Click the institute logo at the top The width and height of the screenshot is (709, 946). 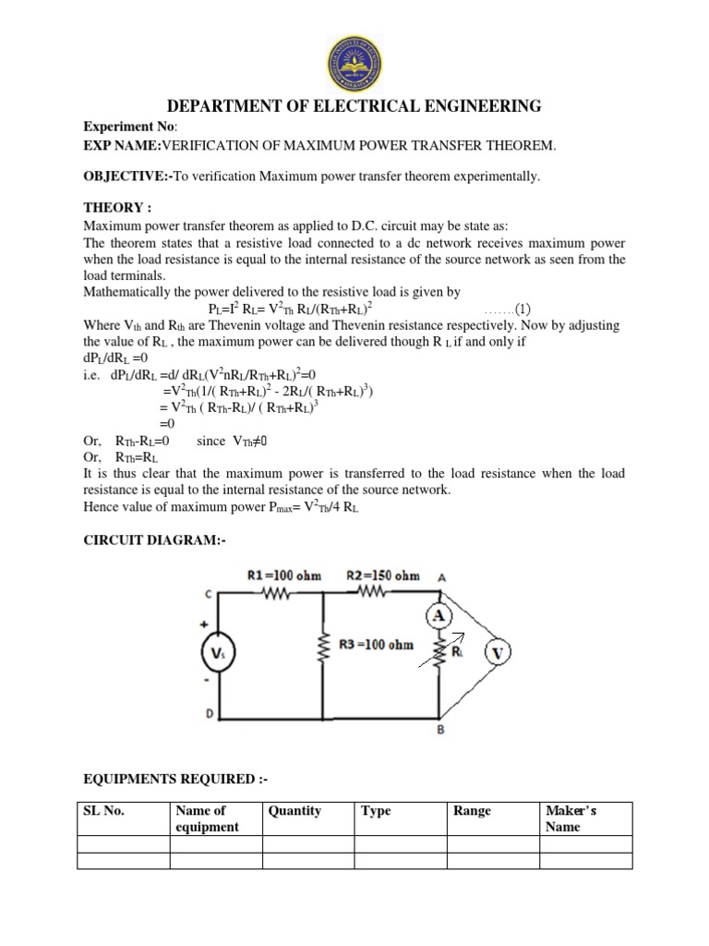pos(354,52)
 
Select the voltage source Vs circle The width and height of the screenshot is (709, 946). pos(217,655)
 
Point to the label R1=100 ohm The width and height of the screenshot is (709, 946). pos(285,576)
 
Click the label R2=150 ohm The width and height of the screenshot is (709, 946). pos(383,576)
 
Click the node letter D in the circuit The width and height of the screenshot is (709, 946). pos(210,713)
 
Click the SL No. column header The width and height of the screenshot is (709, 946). pos(103,811)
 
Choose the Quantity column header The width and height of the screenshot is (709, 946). pos(294,811)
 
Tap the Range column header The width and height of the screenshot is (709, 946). pos(472,811)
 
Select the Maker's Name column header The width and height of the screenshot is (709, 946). pos(571,819)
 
